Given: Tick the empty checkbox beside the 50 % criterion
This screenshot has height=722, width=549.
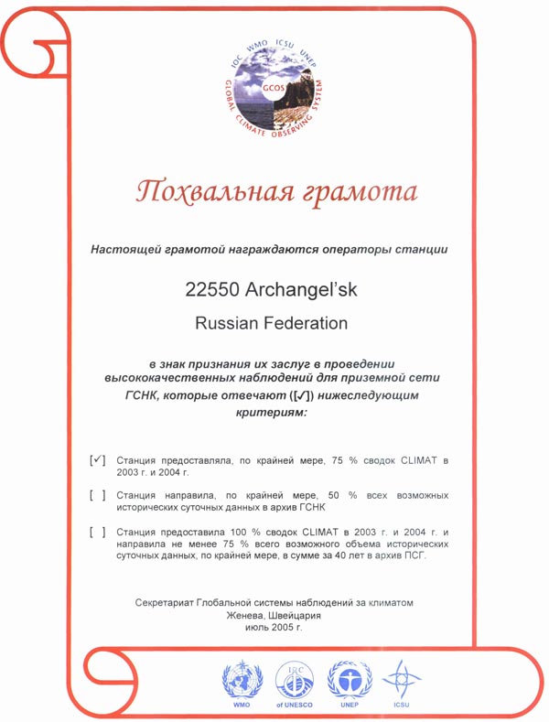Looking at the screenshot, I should pyautogui.click(x=99, y=495).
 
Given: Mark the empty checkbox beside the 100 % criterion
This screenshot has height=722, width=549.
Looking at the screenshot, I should pyautogui.click(x=99, y=531).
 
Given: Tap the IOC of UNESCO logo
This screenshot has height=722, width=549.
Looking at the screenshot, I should pyautogui.click(x=295, y=682).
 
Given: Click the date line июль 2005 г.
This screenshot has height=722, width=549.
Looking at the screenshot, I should pyautogui.click(x=274, y=629).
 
